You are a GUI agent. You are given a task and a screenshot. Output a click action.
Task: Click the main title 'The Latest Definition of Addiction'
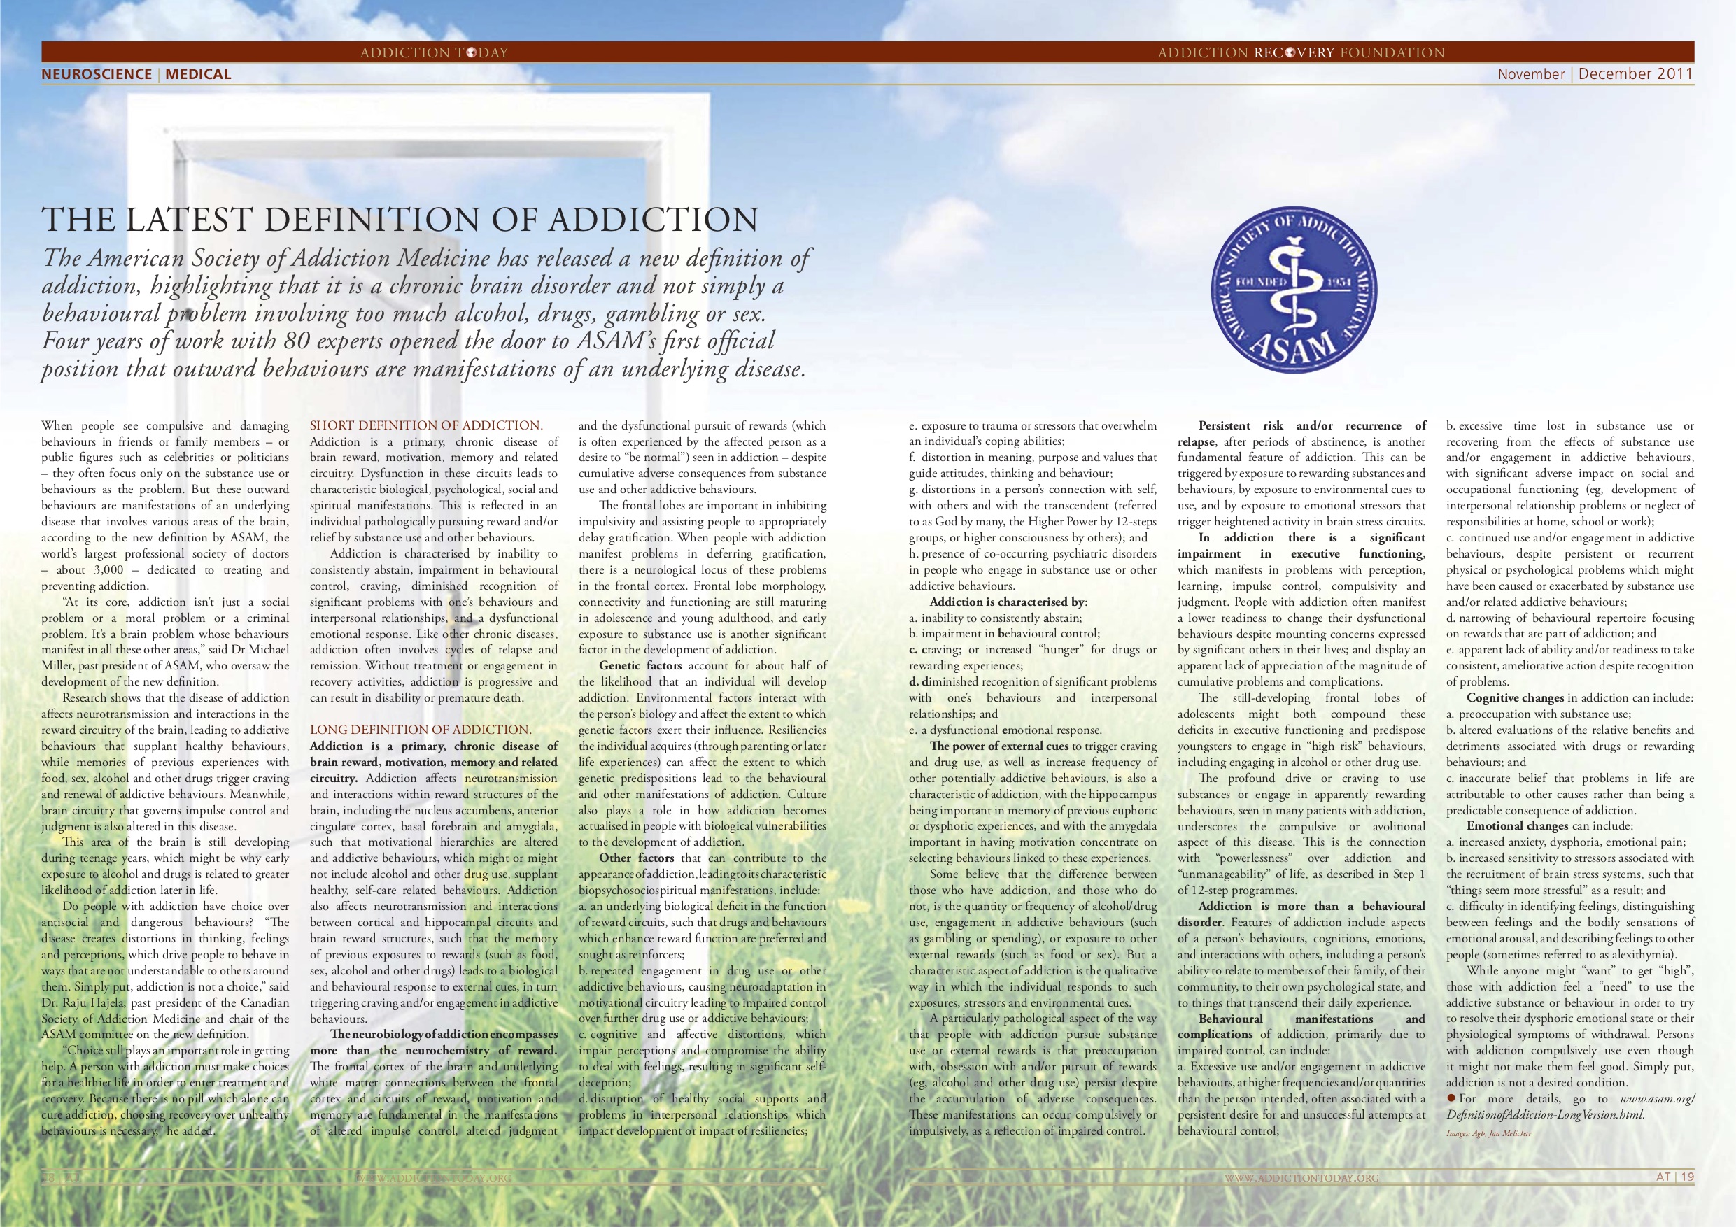(400, 220)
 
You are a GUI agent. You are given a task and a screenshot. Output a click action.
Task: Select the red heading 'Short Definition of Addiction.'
(426, 425)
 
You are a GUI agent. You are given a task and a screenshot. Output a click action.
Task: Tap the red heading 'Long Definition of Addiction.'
(421, 730)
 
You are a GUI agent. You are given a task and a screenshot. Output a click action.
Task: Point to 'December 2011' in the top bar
(1635, 74)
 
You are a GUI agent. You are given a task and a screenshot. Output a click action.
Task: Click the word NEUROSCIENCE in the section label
(97, 74)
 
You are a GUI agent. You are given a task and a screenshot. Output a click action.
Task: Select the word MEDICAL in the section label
(198, 74)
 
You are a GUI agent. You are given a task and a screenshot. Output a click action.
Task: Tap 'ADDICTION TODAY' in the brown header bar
(434, 52)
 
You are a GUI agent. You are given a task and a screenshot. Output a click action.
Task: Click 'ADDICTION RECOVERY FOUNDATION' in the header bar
(1301, 52)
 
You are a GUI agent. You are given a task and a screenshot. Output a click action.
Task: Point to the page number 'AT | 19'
(1674, 1177)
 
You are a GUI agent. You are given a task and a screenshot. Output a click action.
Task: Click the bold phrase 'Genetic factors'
(640, 666)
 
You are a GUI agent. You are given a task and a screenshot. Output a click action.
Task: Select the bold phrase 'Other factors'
(636, 858)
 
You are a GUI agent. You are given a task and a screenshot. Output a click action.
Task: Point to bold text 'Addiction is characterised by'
(1007, 602)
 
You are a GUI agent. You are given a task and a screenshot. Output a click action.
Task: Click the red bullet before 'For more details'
(1451, 1098)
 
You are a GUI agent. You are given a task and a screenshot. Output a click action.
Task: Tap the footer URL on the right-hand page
(1301, 1178)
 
